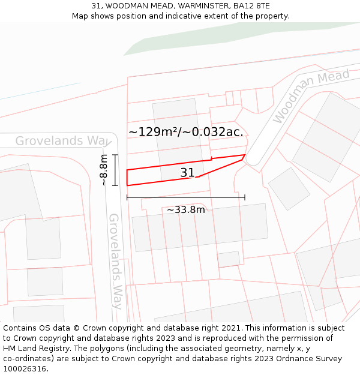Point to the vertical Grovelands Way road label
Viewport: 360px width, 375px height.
pyautogui.click(x=115, y=261)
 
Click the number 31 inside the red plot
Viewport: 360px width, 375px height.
pyautogui.click(x=187, y=173)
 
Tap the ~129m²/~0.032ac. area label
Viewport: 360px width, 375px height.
pyautogui.click(x=186, y=132)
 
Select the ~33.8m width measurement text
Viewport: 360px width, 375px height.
pyautogui.click(x=185, y=209)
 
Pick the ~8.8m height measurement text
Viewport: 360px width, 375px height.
pyautogui.click(x=103, y=170)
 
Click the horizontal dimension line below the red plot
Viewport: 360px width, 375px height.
pyautogui.click(x=185, y=197)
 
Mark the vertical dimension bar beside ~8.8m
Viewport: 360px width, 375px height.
pyautogui.click(x=115, y=170)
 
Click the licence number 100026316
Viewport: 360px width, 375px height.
pyautogui.click(x=26, y=369)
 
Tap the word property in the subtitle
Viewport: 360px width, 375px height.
pyautogui.click(x=271, y=16)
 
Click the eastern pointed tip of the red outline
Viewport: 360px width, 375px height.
pyautogui.click(x=245, y=155)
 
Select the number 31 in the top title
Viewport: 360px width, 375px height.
pyautogui.click(x=97, y=6)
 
